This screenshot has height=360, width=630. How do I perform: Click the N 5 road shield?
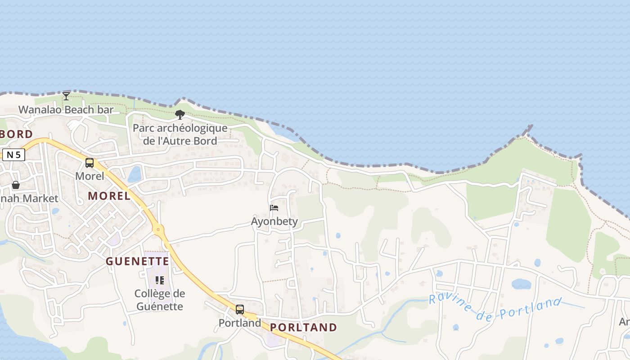13,155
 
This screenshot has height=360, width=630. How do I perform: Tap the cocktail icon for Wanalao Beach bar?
66,96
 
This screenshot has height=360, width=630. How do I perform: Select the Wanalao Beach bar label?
66,109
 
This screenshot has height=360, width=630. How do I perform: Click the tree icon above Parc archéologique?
180,115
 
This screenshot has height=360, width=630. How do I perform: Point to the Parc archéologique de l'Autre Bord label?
180,134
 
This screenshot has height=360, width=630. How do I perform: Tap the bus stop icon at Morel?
90,163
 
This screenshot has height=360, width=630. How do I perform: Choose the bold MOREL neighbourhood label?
109,196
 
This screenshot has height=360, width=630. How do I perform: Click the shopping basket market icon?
16,185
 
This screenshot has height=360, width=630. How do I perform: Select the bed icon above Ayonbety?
274,208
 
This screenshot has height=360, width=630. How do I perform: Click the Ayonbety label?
274,221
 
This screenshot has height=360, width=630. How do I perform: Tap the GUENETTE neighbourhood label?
138,261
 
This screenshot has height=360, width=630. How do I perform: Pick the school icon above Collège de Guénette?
159,280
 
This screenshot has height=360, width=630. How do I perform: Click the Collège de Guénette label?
159,300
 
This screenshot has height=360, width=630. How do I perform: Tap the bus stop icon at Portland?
240,310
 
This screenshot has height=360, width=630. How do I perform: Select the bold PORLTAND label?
304,328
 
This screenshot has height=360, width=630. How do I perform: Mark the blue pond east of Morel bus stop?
135,174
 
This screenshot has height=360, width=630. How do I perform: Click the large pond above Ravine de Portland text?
521,284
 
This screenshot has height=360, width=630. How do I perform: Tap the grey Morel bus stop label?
90,176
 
